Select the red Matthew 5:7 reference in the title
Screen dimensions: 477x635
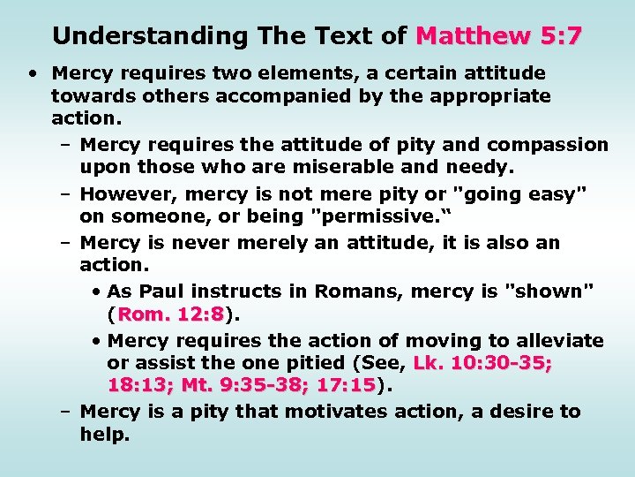coord(499,36)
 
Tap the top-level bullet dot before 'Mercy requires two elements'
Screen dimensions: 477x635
coord(31,73)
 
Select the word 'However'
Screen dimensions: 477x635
coord(123,193)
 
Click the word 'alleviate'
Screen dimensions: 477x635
coord(559,341)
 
